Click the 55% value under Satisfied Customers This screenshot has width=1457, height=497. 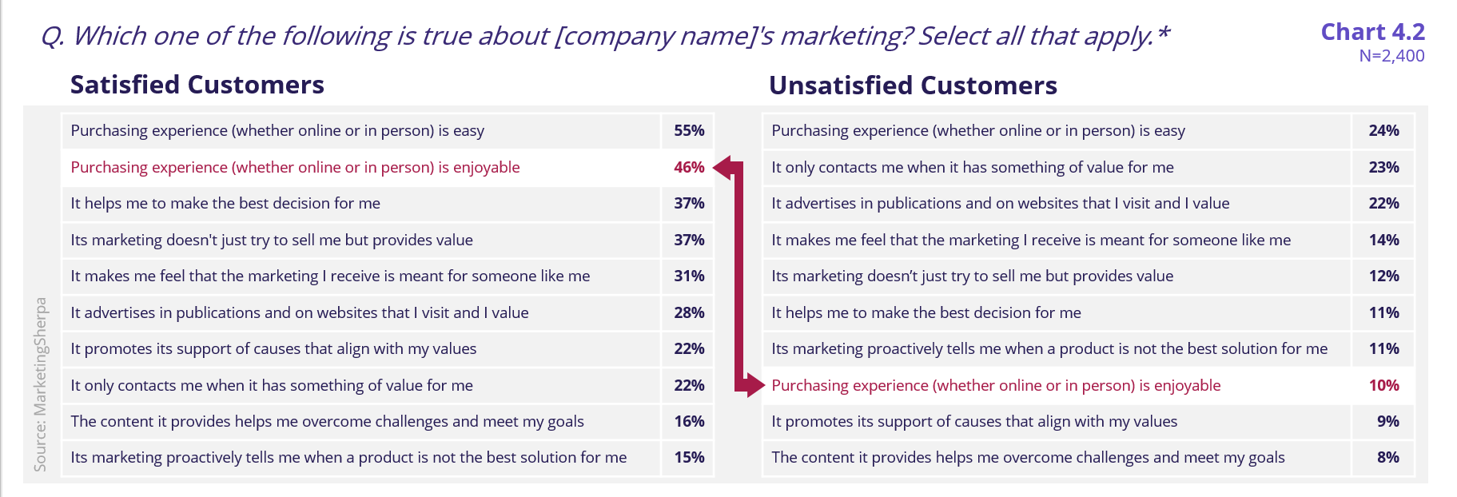tap(689, 130)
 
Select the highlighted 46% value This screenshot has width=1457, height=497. tap(689, 167)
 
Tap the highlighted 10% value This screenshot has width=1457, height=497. tap(1383, 385)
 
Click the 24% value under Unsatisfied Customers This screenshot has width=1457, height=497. tap(1383, 130)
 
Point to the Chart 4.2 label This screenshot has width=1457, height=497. tap(1372, 31)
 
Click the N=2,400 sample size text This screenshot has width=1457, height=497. tap(1391, 56)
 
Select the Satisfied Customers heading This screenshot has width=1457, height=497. tap(197, 85)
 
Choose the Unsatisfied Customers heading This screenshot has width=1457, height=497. tap(913, 85)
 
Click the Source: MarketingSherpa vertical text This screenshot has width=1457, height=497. tap(41, 384)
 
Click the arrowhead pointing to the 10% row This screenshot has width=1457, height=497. tap(755, 385)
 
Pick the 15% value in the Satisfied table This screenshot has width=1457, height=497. tap(689, 457)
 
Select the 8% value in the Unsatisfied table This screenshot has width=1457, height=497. tap(1387, 457)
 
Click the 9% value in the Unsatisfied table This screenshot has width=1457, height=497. tap(1387, 421)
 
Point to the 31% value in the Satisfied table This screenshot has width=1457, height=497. tap(689, 276)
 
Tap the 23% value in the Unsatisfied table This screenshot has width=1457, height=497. tap(1383, 167)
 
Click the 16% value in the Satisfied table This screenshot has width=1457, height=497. tap(689, 421)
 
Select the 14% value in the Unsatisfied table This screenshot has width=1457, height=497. tap(1383, 240)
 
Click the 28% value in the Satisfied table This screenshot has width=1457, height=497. tap(689, 312)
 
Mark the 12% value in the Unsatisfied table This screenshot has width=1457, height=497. tap(1383, 276)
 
